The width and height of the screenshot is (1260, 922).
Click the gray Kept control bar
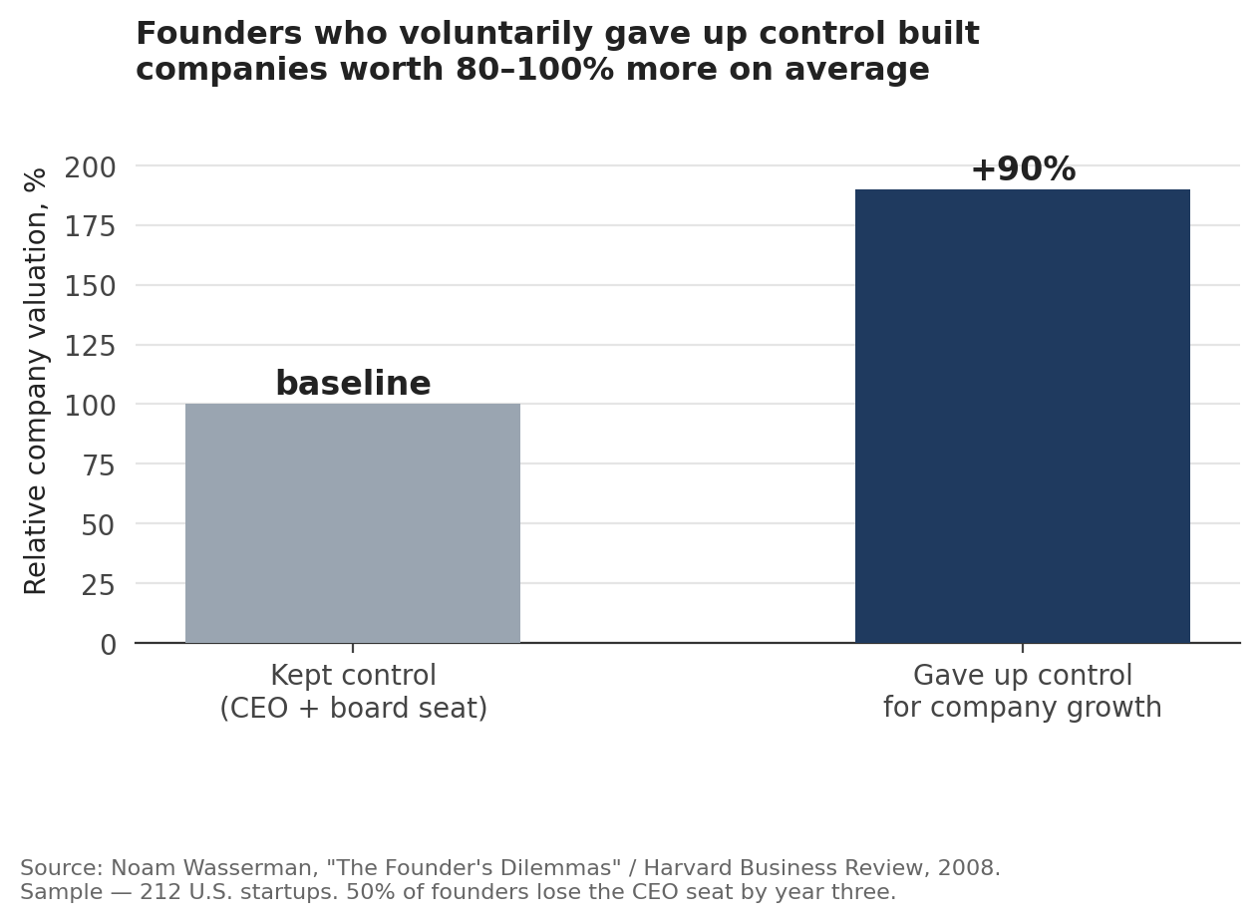[353, 523]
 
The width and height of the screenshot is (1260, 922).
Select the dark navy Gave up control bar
[1023, 417]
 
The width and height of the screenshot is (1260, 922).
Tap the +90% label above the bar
[1023, 169]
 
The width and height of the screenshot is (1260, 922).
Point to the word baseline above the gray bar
[353, 384]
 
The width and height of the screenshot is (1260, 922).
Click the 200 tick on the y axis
[90, 167]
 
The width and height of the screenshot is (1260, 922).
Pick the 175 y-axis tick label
[90, 227]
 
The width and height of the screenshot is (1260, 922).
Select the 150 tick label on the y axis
[90, 286]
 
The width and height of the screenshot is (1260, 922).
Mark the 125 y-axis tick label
[90, 346]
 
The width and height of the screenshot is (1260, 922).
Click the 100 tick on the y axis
[90, 406]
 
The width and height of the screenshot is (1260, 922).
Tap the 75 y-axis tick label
[99, 465]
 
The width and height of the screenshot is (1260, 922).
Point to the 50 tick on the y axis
[99, 525]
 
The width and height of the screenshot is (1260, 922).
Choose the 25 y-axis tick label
[99, 585]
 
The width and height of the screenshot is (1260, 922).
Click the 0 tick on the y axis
[108, 645]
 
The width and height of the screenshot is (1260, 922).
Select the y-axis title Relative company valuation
[35, 382]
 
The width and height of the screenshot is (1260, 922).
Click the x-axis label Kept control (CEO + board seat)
[353, 692]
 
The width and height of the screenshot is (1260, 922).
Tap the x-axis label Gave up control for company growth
[1023, 692]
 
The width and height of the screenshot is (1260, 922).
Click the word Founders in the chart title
[219, 33]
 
